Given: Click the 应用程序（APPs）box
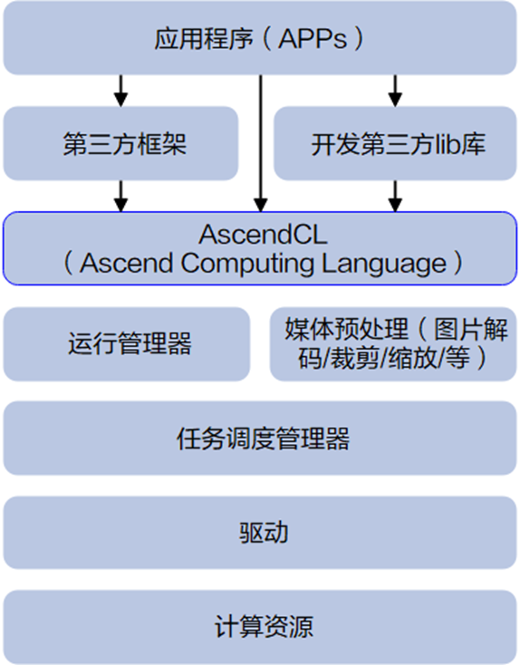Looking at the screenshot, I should [260, 39].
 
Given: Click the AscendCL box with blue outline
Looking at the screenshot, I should [260, 247].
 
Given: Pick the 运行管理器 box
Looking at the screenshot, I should [128, 343].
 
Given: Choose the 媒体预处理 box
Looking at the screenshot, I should [393, 343].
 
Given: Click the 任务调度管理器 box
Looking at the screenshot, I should [260, 439].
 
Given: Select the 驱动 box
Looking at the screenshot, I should [260, 532].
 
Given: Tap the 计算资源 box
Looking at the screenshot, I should [260, 626].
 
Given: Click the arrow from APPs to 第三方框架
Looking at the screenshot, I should [120, 90].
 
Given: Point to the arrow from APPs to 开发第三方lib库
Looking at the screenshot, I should [395, 90].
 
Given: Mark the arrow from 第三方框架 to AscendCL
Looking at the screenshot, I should [120, 196].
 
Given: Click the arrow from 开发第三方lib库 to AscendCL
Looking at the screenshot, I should [395, 196].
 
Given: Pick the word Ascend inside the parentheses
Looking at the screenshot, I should [120, 264].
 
